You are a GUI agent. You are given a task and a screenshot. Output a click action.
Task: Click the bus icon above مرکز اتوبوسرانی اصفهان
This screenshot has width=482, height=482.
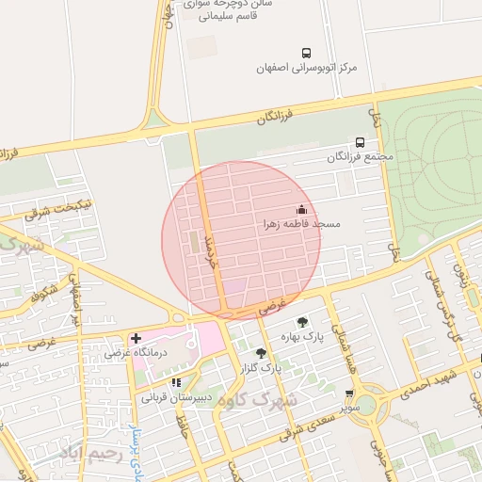(x=306, y=53)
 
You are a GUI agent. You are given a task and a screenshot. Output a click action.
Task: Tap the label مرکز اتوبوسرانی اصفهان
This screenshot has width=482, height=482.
(x=307, y=69)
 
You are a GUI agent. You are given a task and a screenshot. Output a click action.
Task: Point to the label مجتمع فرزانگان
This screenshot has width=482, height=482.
(x=362, y=157)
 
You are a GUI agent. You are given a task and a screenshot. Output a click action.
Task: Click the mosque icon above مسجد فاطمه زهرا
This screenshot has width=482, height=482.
(x=301, y=209)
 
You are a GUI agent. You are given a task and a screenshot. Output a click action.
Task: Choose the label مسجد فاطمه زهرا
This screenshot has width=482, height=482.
(x=301, y=225)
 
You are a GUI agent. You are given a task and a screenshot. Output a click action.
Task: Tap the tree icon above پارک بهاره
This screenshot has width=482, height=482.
(x=302, y=322)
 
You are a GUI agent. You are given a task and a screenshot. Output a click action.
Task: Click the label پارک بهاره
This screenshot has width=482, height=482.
(x=301, y=336)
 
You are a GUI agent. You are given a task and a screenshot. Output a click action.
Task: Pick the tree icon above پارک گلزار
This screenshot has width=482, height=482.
(x=262, y=353)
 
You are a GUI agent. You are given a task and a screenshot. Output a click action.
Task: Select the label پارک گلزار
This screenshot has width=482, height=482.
(x=260, y=367)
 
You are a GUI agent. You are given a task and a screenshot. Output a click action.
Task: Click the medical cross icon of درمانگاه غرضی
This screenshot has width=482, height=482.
(x=136, y=338)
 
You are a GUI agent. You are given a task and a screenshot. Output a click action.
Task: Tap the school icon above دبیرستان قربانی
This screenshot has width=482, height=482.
(x=176, y=382)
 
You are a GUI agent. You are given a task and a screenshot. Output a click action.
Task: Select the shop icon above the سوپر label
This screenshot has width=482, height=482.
(x=350, y=394)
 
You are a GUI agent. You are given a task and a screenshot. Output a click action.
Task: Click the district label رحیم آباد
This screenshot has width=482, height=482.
(x=91, y=454)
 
